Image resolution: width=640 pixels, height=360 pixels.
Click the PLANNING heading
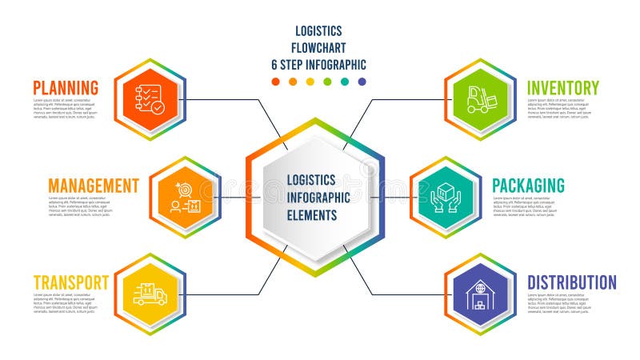click(x=66, y=87)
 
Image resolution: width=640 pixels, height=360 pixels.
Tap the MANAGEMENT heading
click(x=94, y=186)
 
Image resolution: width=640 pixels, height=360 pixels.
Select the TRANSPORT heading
click(x=71, y=282)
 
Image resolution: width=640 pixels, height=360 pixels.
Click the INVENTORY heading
click(x=562, y=87)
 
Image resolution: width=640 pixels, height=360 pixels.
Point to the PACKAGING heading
click(x=528, y=186)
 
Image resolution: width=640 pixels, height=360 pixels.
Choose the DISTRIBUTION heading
click(x=571, y=282)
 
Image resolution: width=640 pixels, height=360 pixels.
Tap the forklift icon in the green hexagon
click(x=481, y=99)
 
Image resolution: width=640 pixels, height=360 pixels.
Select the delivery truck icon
click(x=150, y=294)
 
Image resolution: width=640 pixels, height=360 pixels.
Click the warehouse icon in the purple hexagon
click(x=480, y=294)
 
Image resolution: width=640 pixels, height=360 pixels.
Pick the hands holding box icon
click(x=446, y=197)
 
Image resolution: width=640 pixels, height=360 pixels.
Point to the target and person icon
click(x=185, y=197)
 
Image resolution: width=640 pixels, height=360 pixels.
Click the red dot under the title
click(x=276, y=82)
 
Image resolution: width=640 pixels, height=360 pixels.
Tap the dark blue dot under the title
click(x=362, y=82)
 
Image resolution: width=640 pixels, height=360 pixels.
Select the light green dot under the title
click(x=327, y=82)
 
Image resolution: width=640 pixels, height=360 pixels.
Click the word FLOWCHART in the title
click(x=318, y=48)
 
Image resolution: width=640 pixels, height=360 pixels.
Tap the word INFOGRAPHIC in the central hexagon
click(x=318, y=198)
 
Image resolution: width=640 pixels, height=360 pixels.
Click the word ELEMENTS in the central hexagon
click(x=313, y=215)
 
